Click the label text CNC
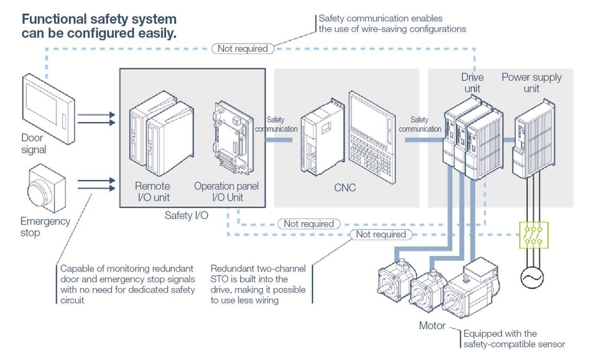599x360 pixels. point(345,188)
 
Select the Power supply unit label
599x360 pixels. point(531,83)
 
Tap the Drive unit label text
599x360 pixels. point(472,83)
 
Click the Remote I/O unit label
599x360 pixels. point(152,192)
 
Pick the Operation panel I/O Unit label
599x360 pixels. point(226,192)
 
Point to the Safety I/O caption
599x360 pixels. point(184,215)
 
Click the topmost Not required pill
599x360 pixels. point(243,49)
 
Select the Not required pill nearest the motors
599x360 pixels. point(381,235)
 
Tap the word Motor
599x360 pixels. point(432,325)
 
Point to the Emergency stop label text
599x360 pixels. point(45,227)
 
